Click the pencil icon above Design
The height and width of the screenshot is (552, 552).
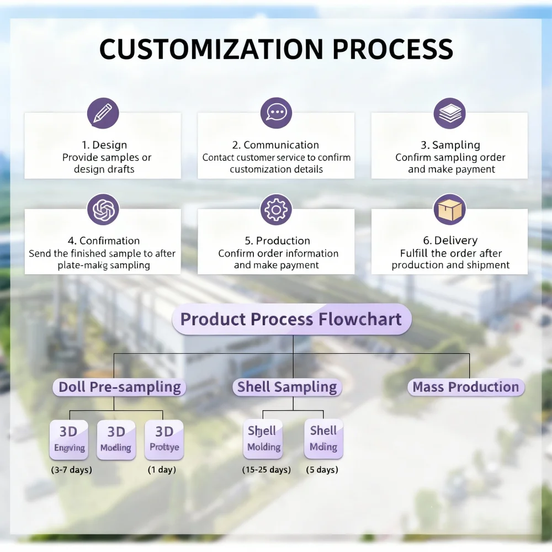point(103,113)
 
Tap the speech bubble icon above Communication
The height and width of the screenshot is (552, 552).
point(276,113)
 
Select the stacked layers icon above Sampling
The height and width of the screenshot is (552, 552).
point(449,113)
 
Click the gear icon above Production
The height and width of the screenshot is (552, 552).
point(276,209)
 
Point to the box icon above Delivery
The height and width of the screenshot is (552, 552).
point(449,209)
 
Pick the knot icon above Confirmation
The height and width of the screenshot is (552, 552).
point(103,209)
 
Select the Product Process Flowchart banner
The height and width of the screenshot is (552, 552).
point(291,319)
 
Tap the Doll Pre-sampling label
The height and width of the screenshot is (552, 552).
point(120,387)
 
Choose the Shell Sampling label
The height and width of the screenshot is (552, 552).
point(287,387)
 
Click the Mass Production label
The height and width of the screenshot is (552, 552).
point(466,387)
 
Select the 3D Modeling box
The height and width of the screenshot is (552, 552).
point(116,440)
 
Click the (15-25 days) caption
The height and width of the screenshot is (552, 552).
point(266,470)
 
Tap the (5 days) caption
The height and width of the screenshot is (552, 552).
point(322,470)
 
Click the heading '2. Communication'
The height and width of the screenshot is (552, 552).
point(276,145)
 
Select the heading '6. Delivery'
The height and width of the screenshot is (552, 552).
point(449,241)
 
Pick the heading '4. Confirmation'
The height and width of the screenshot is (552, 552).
point(103,241)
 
